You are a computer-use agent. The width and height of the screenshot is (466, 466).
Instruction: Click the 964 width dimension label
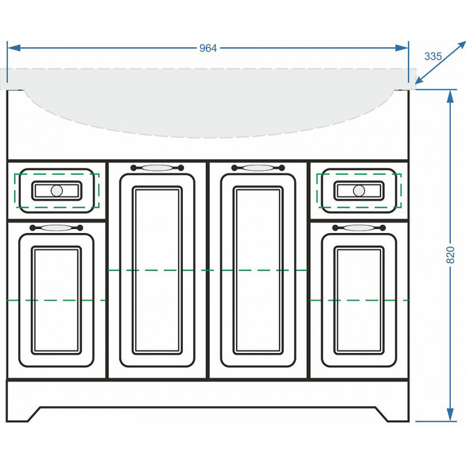[x=208, y=48]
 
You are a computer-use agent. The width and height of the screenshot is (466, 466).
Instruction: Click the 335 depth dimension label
[x=433, y=56]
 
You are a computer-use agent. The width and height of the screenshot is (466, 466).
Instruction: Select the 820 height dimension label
[x=450, y=255]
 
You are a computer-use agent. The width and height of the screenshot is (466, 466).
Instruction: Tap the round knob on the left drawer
[x=57, y=190]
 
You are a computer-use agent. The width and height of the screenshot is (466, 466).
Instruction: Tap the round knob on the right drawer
[x=359, y=190]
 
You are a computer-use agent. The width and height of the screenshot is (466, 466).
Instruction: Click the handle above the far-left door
[x=56, y=228]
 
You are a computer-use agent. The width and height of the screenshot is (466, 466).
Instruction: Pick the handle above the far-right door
[x=359, y=228]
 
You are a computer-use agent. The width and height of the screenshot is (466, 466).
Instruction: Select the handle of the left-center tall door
[x=157, y=168]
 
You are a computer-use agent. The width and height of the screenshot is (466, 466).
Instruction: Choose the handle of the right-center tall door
[x=258, y=168]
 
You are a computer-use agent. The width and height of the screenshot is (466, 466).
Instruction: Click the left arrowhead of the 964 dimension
[x=13, y=48]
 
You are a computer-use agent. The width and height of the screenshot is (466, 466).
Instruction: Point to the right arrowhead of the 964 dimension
[x=402, y=48]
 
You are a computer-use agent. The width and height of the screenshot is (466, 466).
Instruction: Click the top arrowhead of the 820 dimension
[x=450, y=96]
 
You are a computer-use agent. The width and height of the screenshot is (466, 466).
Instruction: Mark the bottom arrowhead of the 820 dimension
[x=450, y=414]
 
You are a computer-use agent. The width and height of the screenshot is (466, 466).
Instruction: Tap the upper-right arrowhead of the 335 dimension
[x=461, y=45]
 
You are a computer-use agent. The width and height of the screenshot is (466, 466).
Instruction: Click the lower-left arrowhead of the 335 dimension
[x=419, y=80]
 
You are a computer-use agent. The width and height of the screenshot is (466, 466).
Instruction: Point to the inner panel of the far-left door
[x=57, y=300]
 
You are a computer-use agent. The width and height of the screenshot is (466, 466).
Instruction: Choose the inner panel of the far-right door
[x=359, y=300]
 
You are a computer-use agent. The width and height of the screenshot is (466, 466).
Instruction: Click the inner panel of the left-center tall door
[x=157, y=270]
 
